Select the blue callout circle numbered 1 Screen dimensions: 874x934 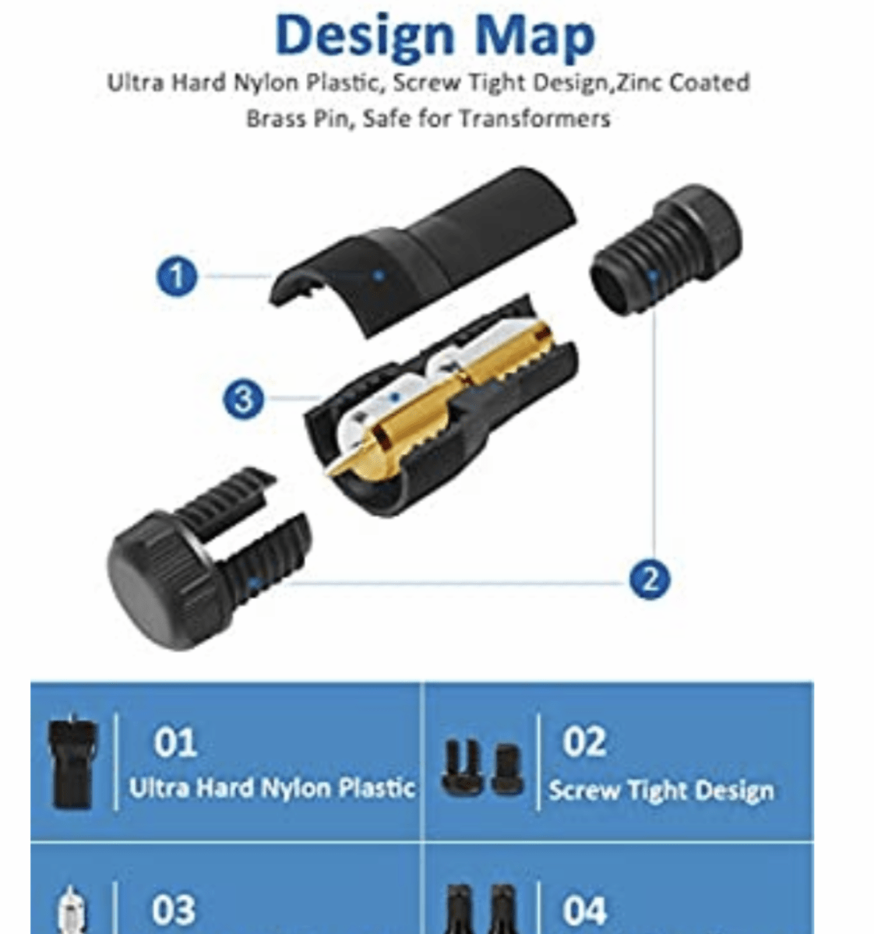[177, 277]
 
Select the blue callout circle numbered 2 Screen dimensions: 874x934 [650, 579]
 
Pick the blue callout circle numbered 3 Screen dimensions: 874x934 [243, 399]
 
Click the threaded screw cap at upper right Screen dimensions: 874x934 [665, 250]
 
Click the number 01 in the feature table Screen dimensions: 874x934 [175, 743]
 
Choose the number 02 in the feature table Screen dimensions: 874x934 [584, 742]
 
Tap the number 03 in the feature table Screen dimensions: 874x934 [174, 910]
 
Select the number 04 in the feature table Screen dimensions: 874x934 [584, 910]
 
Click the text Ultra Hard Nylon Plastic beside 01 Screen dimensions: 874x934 [273, 788]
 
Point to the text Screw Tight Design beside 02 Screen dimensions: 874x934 [661, 791]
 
